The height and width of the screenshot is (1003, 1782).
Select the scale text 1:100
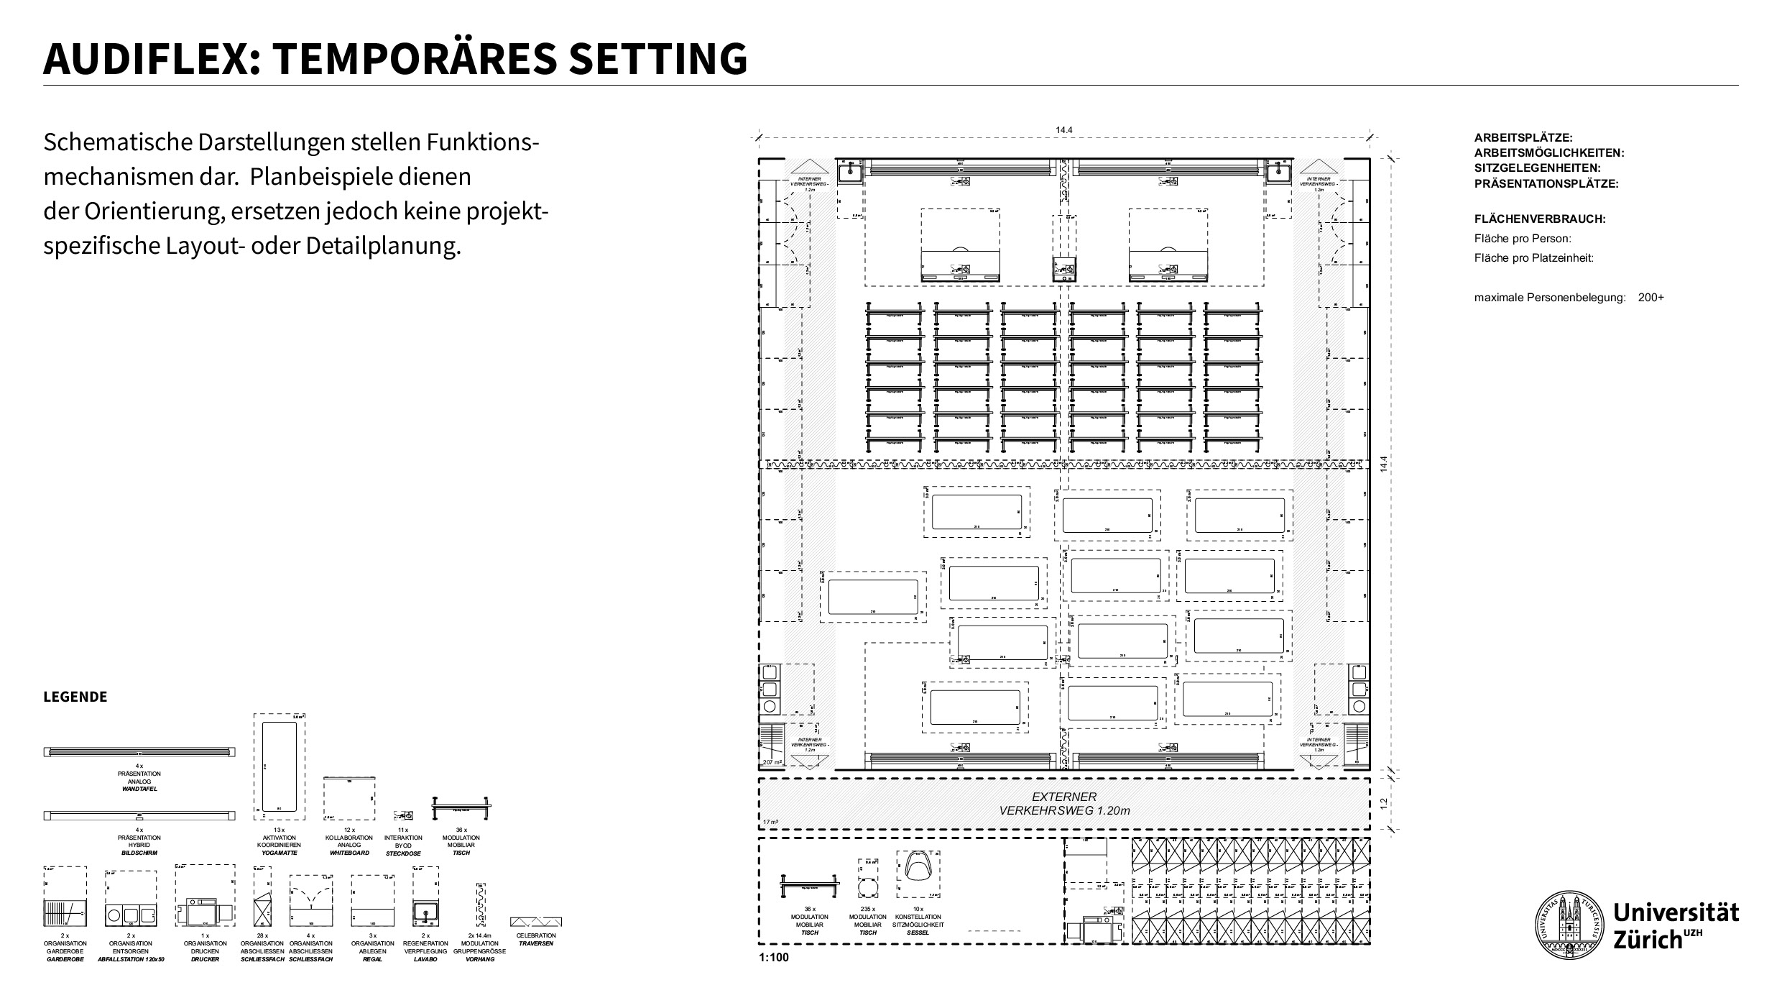(773, 958)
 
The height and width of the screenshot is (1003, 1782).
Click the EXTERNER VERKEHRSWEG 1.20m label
(1064, 804)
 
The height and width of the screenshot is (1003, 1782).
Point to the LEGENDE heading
(75, 697)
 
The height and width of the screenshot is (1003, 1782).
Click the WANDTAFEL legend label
(139, 789)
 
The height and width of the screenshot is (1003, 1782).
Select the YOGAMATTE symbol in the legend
(279, 766)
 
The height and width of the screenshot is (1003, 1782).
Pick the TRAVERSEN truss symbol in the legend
(535, 922)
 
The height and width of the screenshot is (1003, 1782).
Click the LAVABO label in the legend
(425, 959)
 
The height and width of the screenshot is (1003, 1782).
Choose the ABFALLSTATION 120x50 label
(131, 959)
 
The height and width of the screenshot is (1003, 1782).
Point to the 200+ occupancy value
(1651, 298)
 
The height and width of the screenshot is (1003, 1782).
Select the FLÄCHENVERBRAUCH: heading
(1539, 219)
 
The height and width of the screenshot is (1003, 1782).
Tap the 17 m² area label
(770, 822)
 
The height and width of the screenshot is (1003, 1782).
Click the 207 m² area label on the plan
(772, 762)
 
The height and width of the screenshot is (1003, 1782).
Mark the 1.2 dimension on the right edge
(1384, 803)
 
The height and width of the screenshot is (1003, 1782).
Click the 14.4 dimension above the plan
(1064, 130)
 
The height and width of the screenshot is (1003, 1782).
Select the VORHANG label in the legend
(480, 959)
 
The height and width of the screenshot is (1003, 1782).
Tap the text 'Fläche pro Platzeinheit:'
(1533, 258)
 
